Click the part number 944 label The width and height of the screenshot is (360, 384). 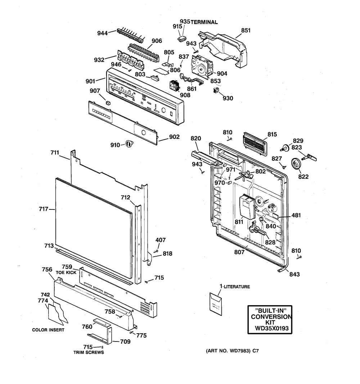102,33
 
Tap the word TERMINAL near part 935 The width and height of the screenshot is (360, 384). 204,22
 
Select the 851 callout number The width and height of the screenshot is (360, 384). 246,30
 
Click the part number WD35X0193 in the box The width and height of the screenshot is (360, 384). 271,328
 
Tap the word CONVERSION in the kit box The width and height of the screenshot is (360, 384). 271,317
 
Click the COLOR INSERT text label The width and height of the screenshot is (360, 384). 48,330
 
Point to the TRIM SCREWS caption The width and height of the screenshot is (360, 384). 89,352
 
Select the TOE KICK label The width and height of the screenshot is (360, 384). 66,272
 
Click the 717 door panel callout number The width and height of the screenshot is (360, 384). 44,209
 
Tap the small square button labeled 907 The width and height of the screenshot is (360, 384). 108,102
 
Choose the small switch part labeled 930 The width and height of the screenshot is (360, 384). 216,90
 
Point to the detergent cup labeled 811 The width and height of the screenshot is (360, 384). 247,206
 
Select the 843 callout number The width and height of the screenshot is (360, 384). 294,274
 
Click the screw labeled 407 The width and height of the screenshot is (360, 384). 155,251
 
